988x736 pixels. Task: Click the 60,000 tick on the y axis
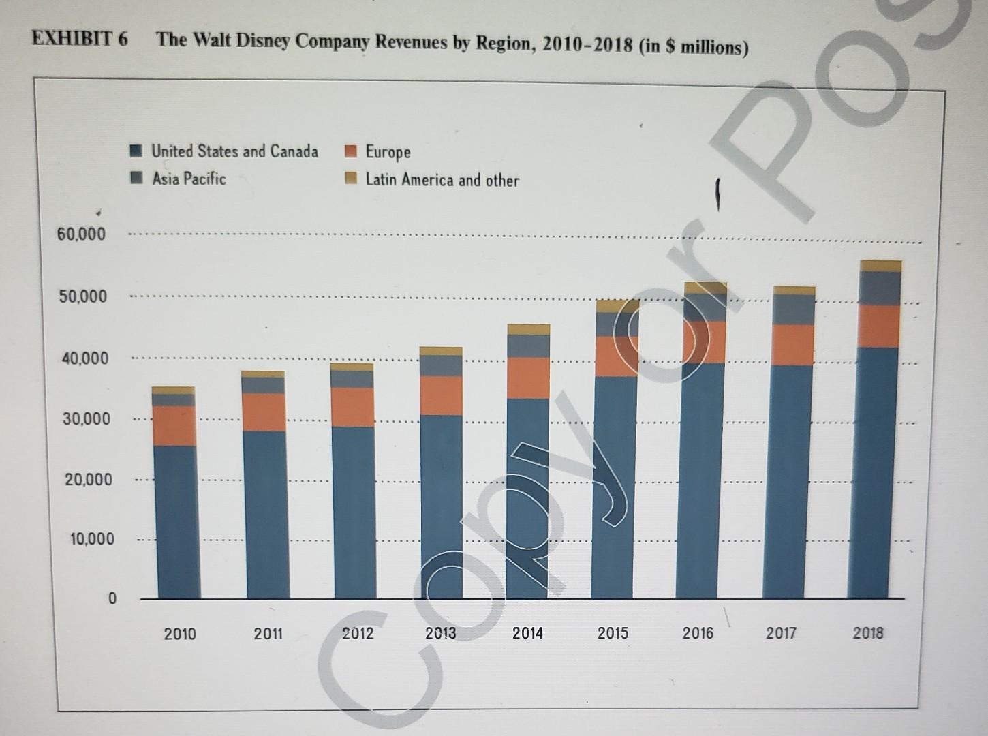pos(82,234)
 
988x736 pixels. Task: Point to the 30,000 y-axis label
pos(87,418)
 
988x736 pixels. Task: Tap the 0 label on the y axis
pos(112,599)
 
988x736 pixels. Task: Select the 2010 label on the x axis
pos(180,634)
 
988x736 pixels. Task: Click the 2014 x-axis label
pos(527,633)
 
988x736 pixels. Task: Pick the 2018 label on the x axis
pos(867,632)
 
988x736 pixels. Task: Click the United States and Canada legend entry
pos(234,151)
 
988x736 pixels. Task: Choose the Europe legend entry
pos(388,152)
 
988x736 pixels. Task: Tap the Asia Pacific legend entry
pos(189,179)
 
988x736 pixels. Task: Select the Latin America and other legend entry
pos(442,180)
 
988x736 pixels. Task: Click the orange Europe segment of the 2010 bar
pos(175,426)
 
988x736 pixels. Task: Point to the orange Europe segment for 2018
pos(879,326)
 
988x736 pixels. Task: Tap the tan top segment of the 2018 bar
pos(880,266)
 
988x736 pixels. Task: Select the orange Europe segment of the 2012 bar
pos(354,407)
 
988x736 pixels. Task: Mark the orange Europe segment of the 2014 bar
pos(528,378)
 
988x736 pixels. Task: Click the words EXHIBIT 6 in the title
pos(80,38)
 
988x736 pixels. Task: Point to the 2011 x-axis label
pos(268,634)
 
